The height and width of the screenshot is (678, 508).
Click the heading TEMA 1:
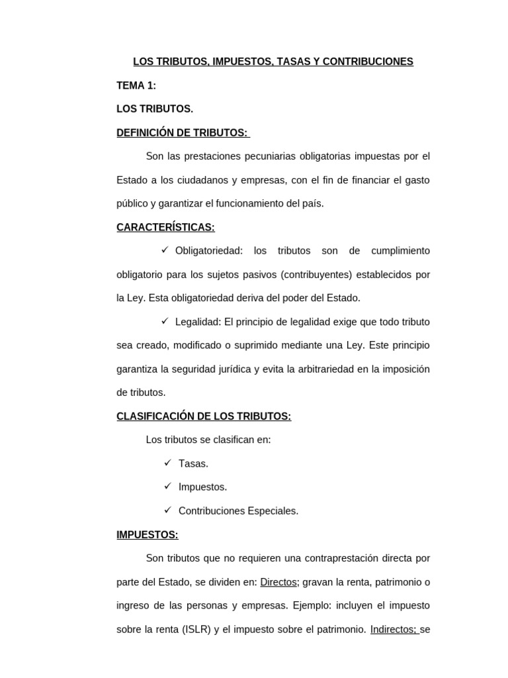tap(136, 85)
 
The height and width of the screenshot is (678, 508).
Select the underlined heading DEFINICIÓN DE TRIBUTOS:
tap(182, 132)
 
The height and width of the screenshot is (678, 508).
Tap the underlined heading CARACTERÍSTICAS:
tap(165, 227)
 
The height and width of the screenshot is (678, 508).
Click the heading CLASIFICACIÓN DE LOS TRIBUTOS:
tap(204, 416)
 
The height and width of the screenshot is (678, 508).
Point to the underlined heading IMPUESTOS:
tap(148, 534)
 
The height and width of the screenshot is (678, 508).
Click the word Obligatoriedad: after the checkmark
tap(209, 250)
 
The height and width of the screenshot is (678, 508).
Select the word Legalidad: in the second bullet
tap(198, 322)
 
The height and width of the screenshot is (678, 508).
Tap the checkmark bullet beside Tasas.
tap(167, 463)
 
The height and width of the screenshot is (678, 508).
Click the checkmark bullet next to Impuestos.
tap(167, 487)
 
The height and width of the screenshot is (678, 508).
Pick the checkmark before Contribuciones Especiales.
tap(167, 510)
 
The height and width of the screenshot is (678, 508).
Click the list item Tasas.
tap(193, 463)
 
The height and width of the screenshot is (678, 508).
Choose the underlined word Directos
tap(278, 582)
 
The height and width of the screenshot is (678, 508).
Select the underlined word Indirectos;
tap(393, 629)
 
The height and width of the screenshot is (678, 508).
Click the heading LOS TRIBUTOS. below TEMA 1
tap(155, 109)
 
